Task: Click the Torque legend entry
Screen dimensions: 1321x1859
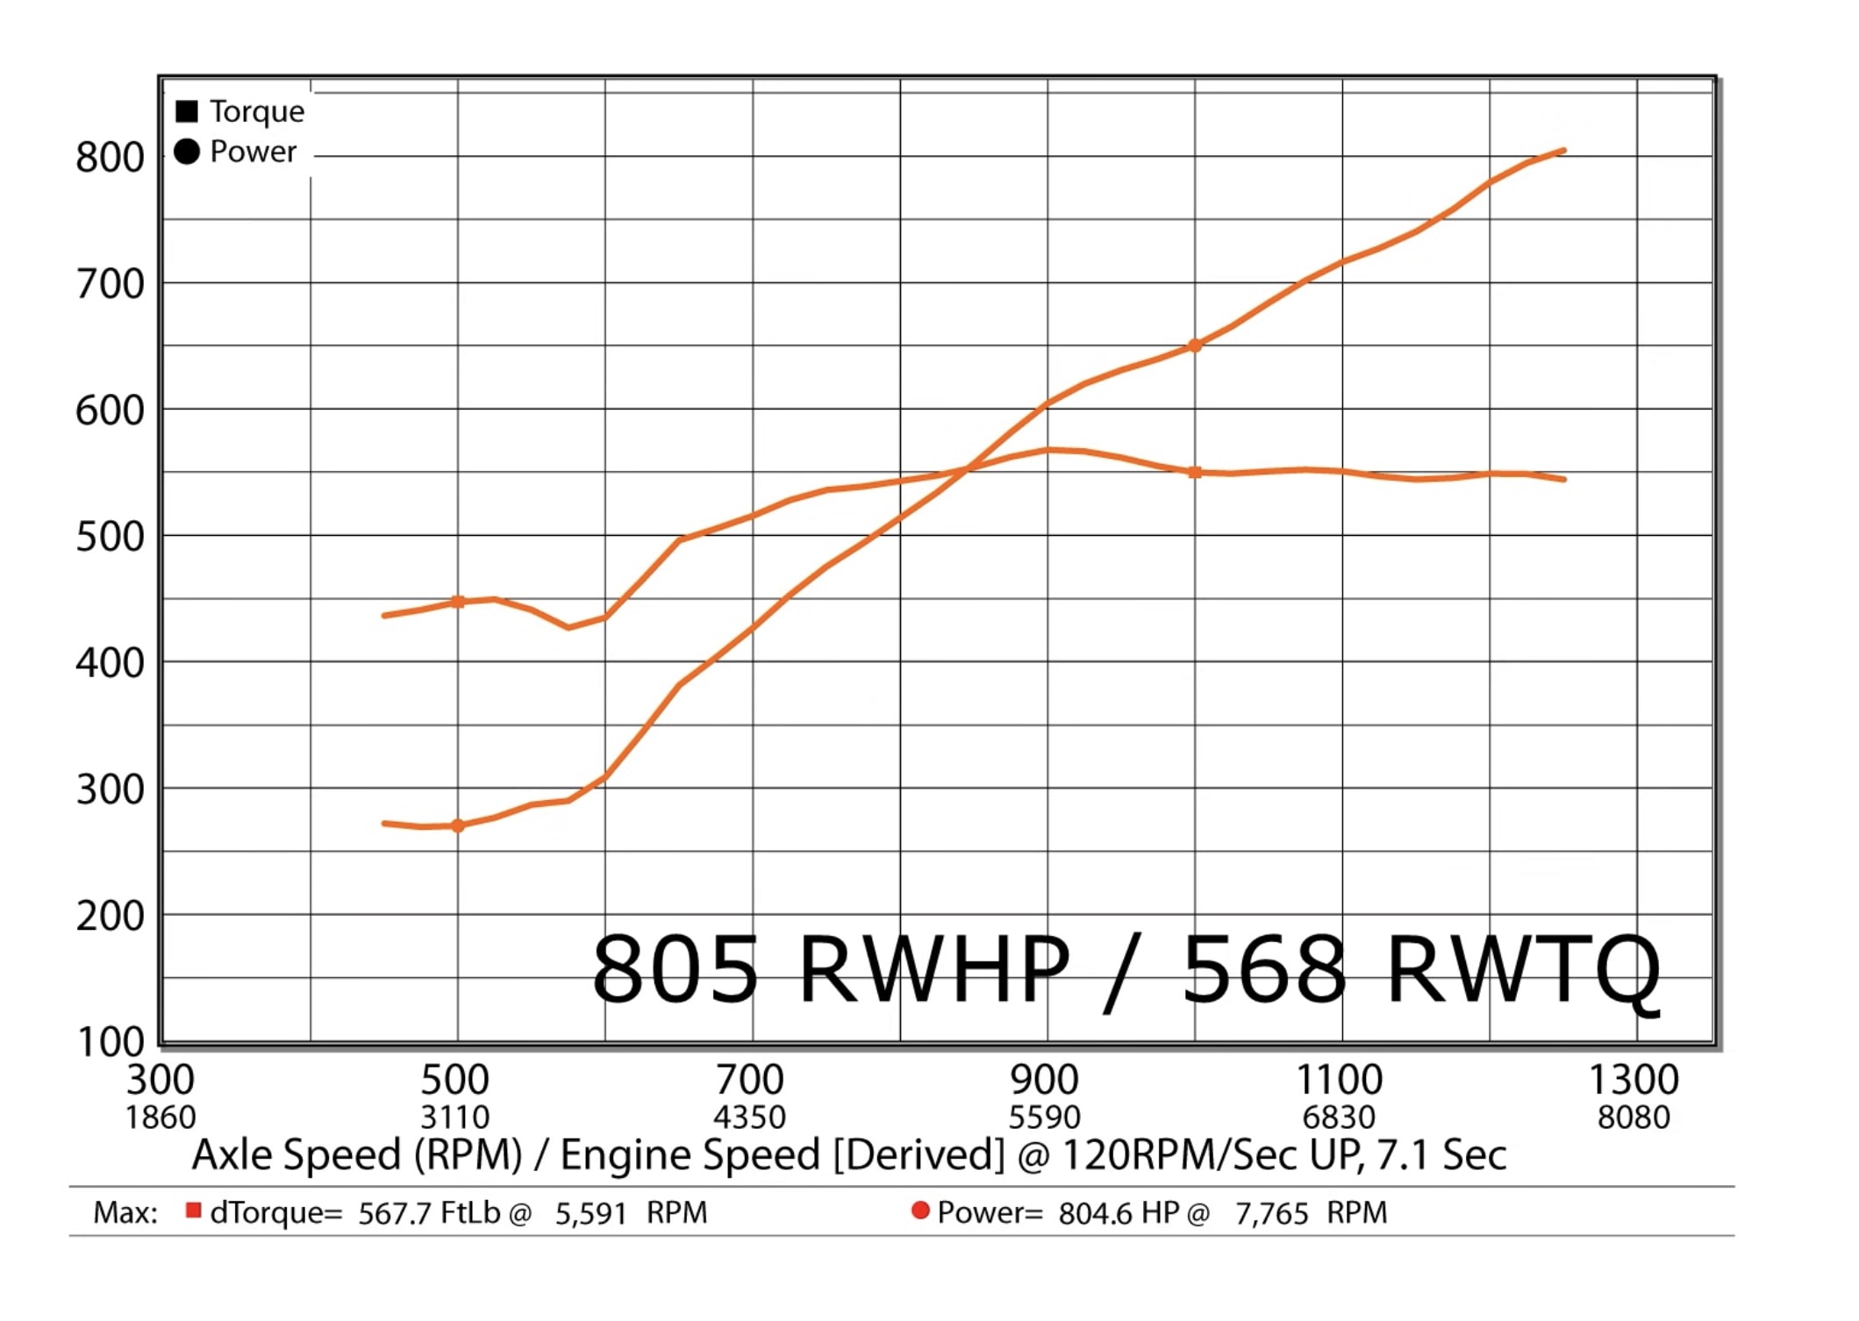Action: coord(255,111)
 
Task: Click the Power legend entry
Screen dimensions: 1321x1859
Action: coord(252,152)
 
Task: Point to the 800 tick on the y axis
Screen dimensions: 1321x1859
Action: coord(110,158)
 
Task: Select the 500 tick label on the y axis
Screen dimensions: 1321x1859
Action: coord(110,537)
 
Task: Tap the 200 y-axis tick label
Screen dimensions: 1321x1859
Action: coord(110,916)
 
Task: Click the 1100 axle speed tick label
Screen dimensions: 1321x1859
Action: coord(1339,1080)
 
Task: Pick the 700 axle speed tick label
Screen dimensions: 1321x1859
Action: coord(749,1080)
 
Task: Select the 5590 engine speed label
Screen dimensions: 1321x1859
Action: coord(1044,1117)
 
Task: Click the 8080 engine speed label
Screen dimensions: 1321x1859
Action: coord(1634,1117)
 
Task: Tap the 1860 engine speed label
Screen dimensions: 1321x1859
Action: coord(161,1117)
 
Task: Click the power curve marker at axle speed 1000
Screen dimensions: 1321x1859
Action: coord(1194,346)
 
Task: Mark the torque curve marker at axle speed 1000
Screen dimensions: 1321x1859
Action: coord(1194,472)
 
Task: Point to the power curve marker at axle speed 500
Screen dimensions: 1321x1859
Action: coord(457,825)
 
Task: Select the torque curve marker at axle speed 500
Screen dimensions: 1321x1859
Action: coord(457,602)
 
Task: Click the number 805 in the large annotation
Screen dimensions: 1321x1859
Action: coord(675,969)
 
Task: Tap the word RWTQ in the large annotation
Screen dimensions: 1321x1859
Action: coord(1525,969)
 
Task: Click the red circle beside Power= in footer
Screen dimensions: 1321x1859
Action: coord(920,1210)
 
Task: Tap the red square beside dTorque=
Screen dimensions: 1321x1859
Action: coord(194,1210)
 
